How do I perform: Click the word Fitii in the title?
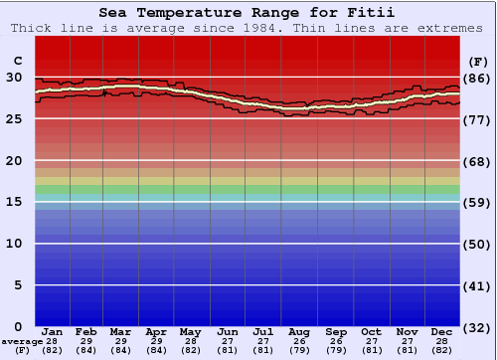(x=373, y=13)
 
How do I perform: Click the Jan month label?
(x=53, y=331)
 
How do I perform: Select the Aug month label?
(x=299, y=331)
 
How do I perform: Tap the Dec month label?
(x=442, y=331)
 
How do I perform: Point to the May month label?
(x=189, y=331)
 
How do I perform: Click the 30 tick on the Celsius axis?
(x=15, y=77)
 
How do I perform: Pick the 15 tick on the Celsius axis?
(x=15, y=202)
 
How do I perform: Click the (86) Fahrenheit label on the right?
(x=476, y=78)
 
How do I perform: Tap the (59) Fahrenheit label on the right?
(x=476, y=203)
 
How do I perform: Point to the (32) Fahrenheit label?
(x=476, y=327)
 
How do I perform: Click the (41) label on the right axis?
(x=476, y=285)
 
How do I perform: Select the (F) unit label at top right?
(x=476, y=59)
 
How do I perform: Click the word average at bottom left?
(x=22, y=341)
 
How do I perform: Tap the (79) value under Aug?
(x=299, y=350)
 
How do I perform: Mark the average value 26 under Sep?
(x=336, y=341)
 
